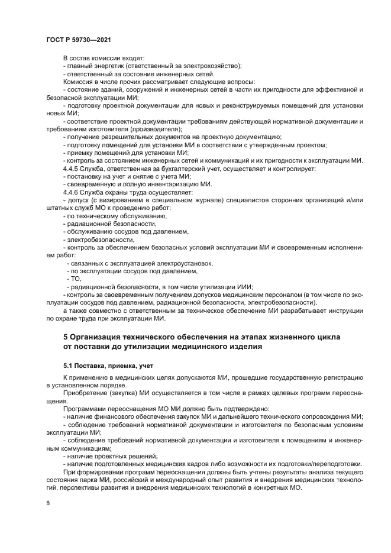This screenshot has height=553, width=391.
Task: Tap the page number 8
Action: [48, 503]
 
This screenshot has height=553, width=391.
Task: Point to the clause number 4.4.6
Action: [72, 193]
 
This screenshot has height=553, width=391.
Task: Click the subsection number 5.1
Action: [69, 366]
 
